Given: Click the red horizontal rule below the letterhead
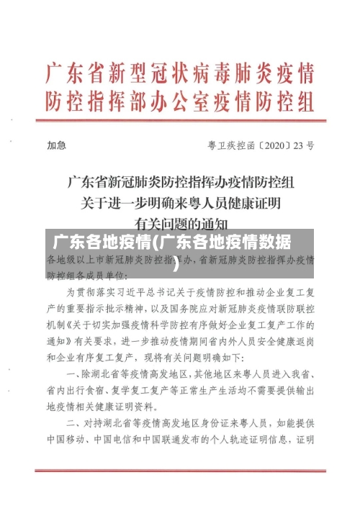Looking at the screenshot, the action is [x=180, y=122].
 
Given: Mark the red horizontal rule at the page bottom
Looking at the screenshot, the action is [x=180, y=471].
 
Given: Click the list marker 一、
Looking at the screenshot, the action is [x=74, y=374].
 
